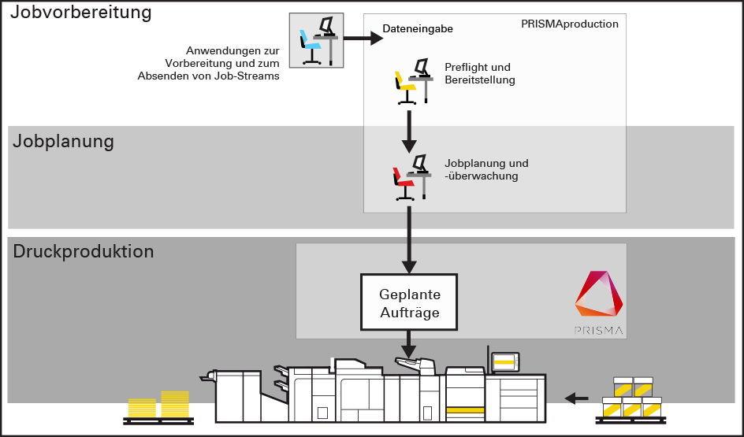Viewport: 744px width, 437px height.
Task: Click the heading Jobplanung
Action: click(63, 142)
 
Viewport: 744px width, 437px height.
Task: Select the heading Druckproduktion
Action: click(83, 252)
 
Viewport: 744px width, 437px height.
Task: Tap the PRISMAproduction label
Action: click(569, 24)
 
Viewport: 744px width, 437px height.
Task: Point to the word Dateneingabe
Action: click(418, 30)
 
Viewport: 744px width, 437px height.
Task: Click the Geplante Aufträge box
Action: click(409, 303)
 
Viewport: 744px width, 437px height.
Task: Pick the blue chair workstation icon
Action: click(317, 40)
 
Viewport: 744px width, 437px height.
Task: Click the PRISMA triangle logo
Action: click(600, 298)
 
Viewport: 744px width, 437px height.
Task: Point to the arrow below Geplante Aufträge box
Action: click(409, 343)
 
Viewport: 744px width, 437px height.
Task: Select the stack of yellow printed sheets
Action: click(159, 405)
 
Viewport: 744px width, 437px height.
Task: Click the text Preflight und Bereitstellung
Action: click(479, 73)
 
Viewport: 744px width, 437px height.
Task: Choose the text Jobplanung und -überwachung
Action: click(486, 169)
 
